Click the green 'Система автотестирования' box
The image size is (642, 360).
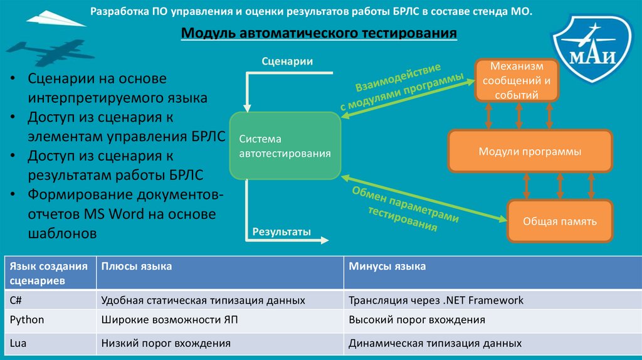pos(285,146)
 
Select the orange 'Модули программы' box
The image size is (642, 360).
pos(530,152)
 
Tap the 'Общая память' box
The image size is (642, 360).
pos(559,221)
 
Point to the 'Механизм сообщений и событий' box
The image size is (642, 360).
pos(515,81)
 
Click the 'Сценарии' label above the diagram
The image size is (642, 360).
pos(287,61)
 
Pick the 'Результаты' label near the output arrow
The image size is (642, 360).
pos(282,231)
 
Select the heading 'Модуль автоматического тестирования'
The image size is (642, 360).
pos(319,33)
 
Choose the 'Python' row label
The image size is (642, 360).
pos(27,320)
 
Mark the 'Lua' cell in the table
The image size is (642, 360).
pos(17,343)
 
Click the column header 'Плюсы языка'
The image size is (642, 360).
pos(137,267)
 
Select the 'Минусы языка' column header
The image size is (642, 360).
pos(387,267)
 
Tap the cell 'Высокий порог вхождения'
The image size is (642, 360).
pos(417,320)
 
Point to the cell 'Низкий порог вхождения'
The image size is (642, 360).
pos(166,343)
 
